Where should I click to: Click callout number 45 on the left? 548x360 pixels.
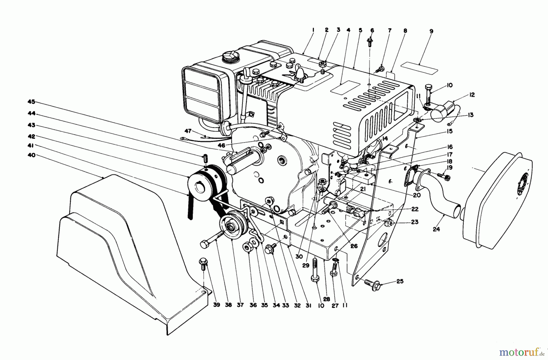pos(31,102)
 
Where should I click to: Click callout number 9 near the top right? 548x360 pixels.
pos(431,31)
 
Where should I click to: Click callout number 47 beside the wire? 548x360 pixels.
pos(188,131)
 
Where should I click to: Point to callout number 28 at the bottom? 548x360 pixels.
pos(326,299)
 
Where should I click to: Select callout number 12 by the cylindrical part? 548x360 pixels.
pos(472,95)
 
